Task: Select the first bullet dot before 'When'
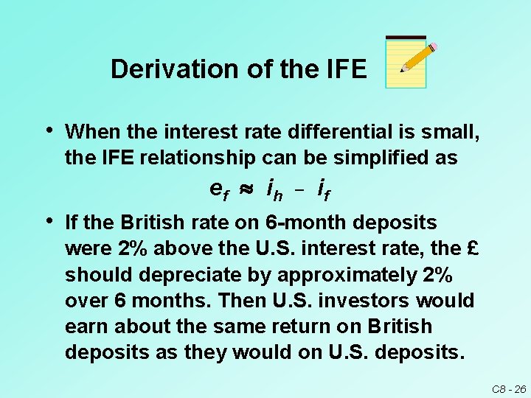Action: click(48, 130)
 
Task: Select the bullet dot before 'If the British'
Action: click(48, 220)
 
